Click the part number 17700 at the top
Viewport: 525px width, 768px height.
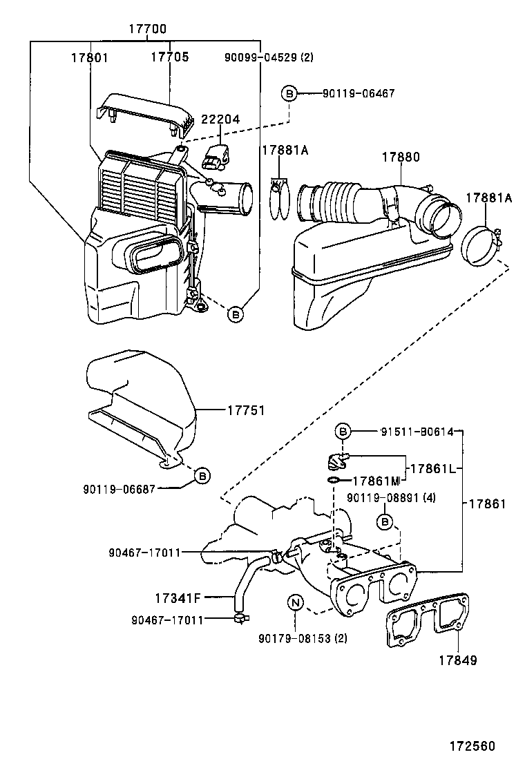point(147,30)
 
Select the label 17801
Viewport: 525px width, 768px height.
point(89,58)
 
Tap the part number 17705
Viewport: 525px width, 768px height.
point(170,58)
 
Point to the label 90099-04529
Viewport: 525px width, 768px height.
point(269,58)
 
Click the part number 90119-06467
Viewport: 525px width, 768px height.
point(359,93)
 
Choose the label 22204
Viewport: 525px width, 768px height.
point(220,119)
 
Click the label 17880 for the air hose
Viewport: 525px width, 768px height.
point(401,157)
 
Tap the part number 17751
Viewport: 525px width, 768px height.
point(247,410)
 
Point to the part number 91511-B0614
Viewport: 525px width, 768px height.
point(417,432)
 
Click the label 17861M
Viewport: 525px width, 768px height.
point(376,481)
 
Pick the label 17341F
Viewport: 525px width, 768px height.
point(178,595)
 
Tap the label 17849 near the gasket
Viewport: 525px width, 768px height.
point(457,660)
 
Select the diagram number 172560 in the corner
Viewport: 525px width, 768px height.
point(473,746)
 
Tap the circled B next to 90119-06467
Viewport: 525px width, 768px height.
point(289,93)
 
